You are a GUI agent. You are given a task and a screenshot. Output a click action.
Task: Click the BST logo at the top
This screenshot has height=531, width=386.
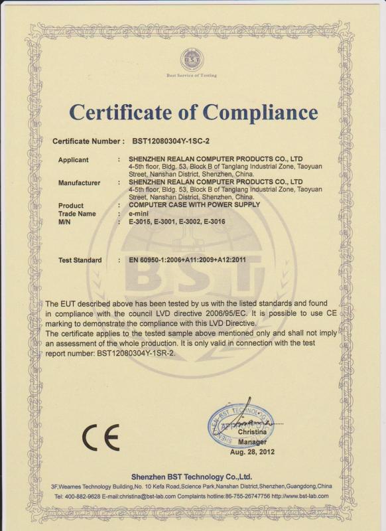(x=192, y=60)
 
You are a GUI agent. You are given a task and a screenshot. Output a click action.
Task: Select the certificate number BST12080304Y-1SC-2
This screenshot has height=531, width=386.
(x=171, y=141)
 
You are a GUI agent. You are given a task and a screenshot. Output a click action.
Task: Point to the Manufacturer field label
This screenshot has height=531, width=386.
(x=80, y=182)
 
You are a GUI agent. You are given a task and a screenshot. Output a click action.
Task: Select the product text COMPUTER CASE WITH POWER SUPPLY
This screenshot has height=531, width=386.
(x=194, y=205)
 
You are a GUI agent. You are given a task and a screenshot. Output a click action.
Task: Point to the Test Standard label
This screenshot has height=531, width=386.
(x=80, y=260)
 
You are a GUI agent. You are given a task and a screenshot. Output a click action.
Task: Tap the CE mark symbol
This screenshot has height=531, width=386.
(x=101, y=437)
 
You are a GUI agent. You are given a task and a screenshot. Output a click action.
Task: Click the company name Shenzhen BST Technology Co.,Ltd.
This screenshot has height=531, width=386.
(x=192, y=476)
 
